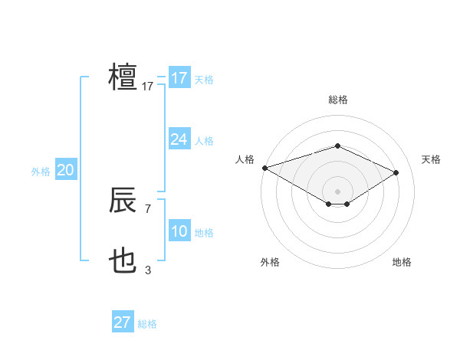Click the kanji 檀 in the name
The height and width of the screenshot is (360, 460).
tap(123, 77)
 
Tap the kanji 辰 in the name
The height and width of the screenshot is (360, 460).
tap(123, 201)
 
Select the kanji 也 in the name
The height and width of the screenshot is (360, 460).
tap(123, 263)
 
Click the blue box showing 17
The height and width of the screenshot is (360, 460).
tap(179, 78)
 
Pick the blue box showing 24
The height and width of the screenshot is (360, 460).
tap(179, 139)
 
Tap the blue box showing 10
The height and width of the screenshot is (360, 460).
tap(179, 231)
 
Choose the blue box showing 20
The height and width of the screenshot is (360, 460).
tap(65, 170)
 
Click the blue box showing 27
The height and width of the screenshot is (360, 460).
tap(123, 322)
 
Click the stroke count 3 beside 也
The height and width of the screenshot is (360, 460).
tap(148, 270)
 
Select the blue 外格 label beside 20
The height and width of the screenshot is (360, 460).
tap(41, 172)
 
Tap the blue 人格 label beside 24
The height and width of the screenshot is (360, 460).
tap(204, 141)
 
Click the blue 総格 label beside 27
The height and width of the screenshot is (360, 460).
tap(147, 324)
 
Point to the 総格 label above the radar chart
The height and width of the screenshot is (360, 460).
tap(337, 99)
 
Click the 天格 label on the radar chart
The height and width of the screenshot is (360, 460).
tap(432, 159)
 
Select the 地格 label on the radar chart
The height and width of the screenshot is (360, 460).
tap(402, 262)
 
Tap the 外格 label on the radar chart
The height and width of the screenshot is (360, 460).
tap(270, 262)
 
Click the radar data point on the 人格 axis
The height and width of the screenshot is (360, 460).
tap(264, 168)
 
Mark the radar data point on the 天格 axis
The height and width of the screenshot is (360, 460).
tap(396, 172)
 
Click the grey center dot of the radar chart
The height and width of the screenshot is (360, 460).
tap(337, 191)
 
